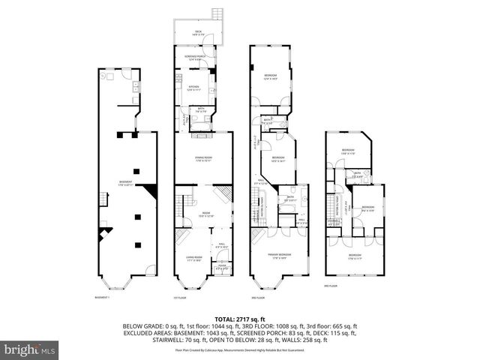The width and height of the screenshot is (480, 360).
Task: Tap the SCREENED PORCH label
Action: [x=193, y=58]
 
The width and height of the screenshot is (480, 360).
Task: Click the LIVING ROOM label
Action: [x=194, y=259]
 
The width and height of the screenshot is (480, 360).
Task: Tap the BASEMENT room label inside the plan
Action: [x=125, y=184]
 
